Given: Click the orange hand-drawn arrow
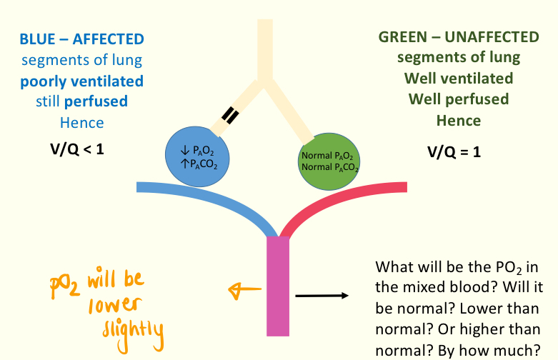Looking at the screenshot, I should coord(240,289).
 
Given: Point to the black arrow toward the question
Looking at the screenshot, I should coord(321,294).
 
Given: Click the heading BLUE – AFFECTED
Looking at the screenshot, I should coord(81,39).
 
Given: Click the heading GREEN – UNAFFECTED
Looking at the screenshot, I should coord(459,36).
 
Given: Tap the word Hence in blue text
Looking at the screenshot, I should coord(81,122).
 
